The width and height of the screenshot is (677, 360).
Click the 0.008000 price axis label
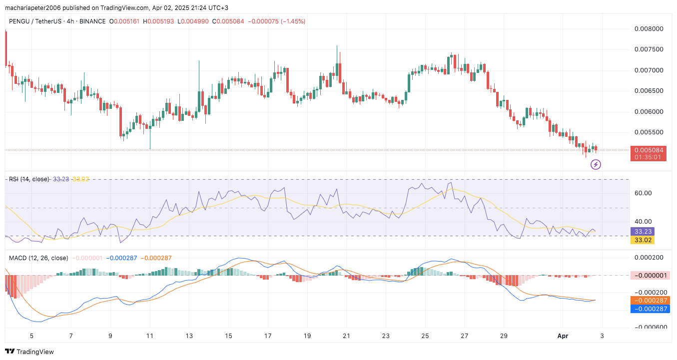coord(649,29)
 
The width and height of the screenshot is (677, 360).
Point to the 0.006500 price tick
coord(649,91)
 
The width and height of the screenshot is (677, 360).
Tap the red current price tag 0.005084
coord(649,150)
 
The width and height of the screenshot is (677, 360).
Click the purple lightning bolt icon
coord(596,164)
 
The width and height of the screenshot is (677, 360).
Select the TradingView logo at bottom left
coord(29,352)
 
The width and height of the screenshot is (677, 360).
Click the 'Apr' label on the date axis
coord(563,336)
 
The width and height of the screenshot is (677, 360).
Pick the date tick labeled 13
coord(189,336)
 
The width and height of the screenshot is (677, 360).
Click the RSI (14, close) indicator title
coord(29,179)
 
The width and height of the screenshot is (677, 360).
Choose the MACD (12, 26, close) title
coord(38,258)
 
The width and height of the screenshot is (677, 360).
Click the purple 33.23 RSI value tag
coord(643,232)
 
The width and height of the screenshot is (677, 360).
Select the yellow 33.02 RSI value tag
coord(643,240)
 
